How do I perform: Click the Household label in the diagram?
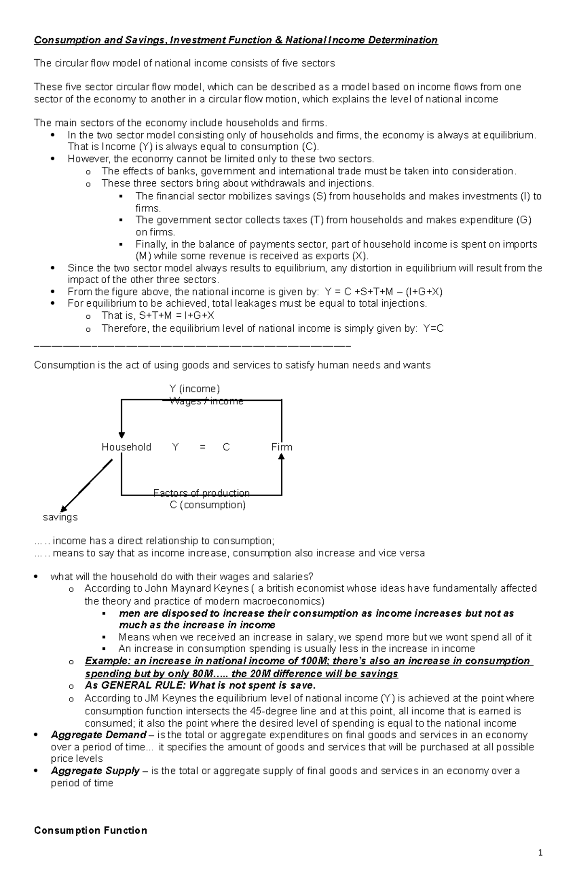[x=126, y=447]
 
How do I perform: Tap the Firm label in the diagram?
[x=282, y=447]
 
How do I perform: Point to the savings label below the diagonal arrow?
[x=60, y=517]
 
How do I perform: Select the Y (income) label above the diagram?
[x=194, y=388]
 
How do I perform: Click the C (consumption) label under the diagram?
[x=208, y=505]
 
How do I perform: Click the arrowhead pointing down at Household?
[x=122, y=435]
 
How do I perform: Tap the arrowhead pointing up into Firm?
[x=282, y=457]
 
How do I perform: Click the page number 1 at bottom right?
[x=540, y=853]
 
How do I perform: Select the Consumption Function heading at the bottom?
[x=90, y=831]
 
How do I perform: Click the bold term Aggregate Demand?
[x=99, y=735]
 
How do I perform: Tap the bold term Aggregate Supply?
[x=95, y=771]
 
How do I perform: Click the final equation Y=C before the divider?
[x=433, y=329]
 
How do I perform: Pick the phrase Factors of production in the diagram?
[x=201, y=493]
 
